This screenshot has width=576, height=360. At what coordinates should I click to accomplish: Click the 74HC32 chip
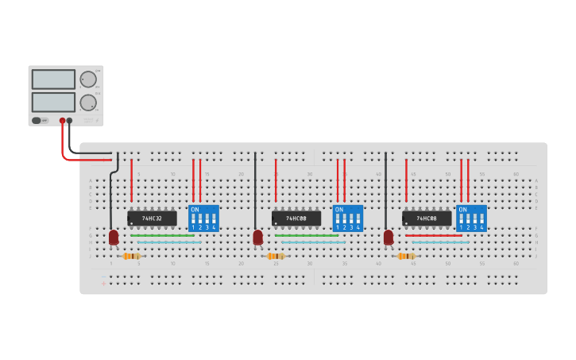[x=152, y=218]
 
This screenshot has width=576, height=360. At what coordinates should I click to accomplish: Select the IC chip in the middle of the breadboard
[x=296, y=218]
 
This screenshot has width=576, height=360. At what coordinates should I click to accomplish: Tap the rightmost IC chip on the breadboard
[x=427, y=218]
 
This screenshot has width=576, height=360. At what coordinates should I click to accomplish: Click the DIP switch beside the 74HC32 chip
[x=203, y=218]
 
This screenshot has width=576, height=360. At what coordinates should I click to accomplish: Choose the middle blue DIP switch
[x=347, y=218]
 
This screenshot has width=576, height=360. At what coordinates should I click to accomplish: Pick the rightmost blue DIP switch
[x=471, y=218]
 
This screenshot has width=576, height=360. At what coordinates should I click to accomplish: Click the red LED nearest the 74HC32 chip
[x=114, y=237]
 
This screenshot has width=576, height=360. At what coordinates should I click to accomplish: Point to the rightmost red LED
[x=389, y=237]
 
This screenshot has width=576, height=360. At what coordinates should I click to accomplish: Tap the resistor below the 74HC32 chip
[x=131, y=256]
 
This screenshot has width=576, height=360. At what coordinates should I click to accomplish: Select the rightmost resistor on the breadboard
[x=406, y=256]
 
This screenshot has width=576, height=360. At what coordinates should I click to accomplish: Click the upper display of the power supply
[x=53, y=79]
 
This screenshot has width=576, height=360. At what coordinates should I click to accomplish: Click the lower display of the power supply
[x=53, y=102]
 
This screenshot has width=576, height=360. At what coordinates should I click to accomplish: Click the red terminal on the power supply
[x=62, y=121]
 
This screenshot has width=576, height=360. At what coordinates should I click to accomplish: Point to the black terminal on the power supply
[x=70, y=121]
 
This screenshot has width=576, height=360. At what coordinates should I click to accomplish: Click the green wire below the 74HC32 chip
[x=162, y=235]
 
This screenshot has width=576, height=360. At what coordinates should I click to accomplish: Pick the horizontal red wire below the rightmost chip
[x=434, y=235]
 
